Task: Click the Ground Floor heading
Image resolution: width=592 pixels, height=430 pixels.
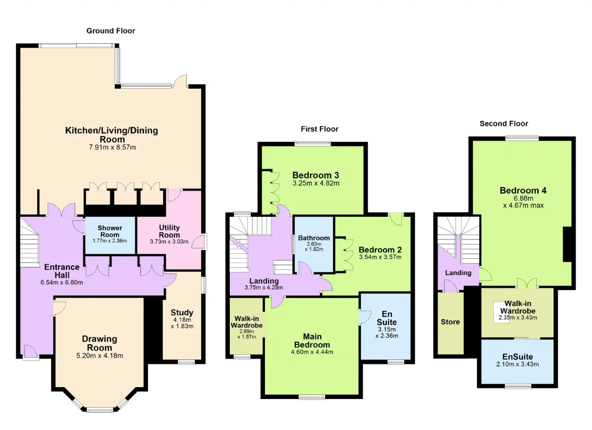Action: [111, 31]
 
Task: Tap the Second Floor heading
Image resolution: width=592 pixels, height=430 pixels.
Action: [504, 123]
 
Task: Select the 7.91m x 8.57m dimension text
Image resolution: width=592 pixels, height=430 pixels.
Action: [112, 147]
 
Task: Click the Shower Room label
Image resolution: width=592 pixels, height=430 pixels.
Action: [110, 231]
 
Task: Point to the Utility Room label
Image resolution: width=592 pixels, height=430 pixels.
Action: [169, 231]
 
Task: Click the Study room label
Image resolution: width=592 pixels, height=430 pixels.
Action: [182, 313]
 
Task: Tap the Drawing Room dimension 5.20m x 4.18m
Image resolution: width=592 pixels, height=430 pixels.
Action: [99, 356]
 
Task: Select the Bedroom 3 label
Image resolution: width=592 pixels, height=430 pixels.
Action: [315, 175]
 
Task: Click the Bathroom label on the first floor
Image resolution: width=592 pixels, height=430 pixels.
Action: [314, 238]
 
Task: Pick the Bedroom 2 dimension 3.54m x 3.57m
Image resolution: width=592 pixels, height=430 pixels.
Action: [380, 257]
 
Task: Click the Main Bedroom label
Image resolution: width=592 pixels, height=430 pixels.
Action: [312, 340]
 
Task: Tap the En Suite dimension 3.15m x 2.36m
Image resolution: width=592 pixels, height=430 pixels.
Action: [387, 332]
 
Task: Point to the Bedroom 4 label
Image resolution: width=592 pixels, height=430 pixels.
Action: [523, 190]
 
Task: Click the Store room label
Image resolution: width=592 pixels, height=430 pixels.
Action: [450, 322]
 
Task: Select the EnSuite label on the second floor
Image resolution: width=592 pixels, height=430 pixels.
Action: [518, 356]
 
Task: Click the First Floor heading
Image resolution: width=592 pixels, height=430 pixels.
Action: [320, 129]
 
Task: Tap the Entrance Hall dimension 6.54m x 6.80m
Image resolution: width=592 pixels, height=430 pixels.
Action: [62, 283]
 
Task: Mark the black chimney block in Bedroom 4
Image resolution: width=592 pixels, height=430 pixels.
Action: [567, 244]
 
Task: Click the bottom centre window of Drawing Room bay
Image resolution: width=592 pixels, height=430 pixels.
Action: [100, 410]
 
